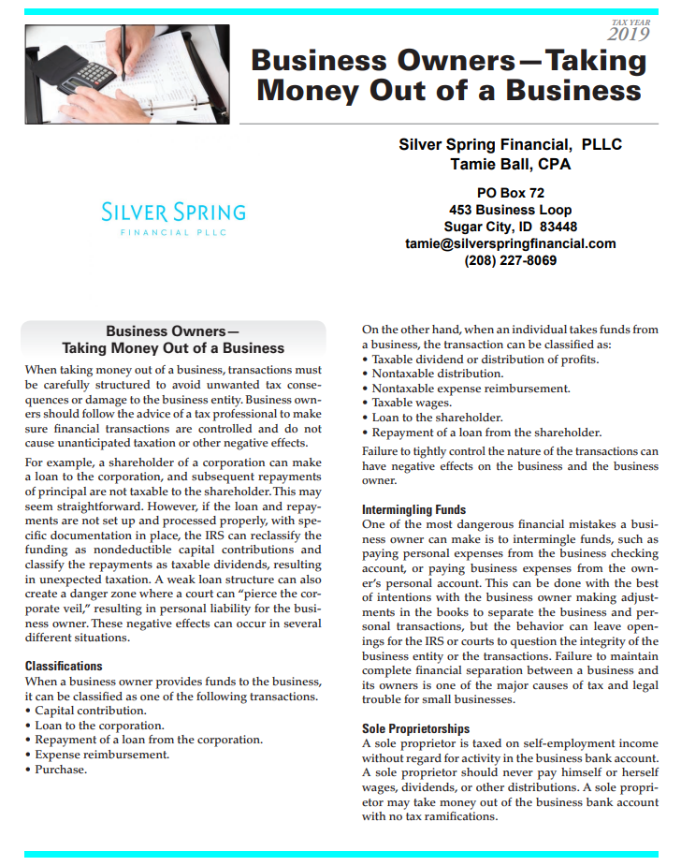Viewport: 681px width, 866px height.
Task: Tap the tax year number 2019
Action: [x=629, y=35]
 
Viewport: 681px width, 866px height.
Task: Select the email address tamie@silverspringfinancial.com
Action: [x=510, y=243]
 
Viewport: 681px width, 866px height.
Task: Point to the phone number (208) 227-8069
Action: [x=510, y=260]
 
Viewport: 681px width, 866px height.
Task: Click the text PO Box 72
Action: [x=510, y=193]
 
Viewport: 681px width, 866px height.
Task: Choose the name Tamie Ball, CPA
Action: [x=510, y=165]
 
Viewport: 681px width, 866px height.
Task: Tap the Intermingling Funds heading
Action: [x=413, y=509]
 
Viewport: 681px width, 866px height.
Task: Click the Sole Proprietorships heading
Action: [x=415, y=728]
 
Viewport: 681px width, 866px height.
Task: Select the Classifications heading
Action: [x=64, y=666]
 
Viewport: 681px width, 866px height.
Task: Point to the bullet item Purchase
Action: [x=61, y=770]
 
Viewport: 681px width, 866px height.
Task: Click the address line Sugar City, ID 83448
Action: [x=510, y=227]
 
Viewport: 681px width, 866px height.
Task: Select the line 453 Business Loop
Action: [x=510, y=210]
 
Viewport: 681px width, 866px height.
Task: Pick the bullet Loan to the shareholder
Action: [x=437, y=418]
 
